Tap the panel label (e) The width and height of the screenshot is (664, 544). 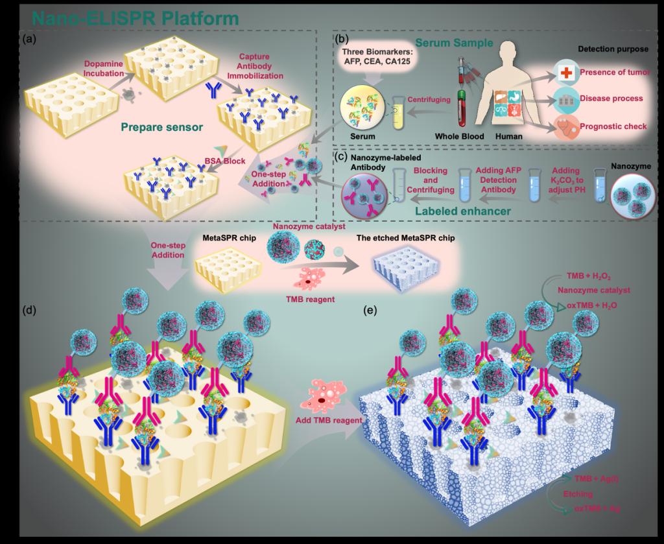click(370, 309)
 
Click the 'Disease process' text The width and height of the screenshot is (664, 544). click(611, 99)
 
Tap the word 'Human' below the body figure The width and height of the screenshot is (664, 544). click(509, 137)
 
